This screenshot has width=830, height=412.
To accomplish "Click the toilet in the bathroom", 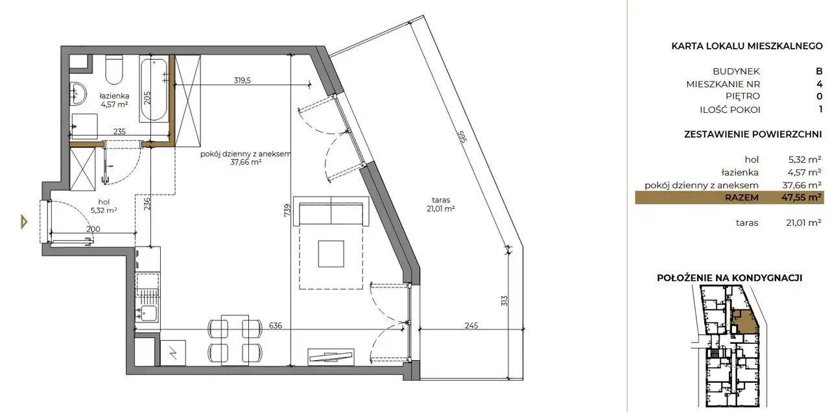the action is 114,69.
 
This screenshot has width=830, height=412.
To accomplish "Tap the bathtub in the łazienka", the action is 154,89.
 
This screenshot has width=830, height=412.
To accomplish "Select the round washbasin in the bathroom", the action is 78,93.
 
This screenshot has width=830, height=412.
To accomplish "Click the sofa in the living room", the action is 331,211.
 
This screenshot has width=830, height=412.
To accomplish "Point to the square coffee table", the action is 331,254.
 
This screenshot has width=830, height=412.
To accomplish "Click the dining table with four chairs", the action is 235,340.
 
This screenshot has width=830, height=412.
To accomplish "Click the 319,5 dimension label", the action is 243,80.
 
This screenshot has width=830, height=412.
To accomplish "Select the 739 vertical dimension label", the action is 287,211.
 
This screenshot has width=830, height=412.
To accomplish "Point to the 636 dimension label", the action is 276,325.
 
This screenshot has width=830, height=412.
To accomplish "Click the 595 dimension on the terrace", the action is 462,136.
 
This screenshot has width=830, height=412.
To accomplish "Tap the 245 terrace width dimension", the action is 471,325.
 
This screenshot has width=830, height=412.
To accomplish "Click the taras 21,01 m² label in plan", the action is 440,204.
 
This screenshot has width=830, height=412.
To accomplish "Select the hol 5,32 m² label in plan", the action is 104,206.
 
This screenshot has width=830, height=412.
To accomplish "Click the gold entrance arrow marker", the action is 24,222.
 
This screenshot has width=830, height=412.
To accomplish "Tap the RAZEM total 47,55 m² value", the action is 801,197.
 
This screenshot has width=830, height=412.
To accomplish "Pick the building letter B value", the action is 819,71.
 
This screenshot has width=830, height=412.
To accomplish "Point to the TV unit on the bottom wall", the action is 331,357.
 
